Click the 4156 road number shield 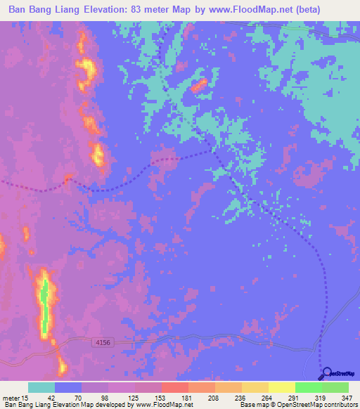point(103,342)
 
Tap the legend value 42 point(51,398)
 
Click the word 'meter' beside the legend point(9,398)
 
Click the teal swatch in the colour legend point(41,387)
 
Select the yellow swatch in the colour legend point(281,387)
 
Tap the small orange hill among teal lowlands point(199,86)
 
